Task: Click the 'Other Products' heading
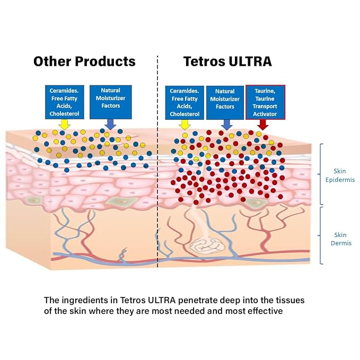click(84, 62)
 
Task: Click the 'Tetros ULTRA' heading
click(227, 62)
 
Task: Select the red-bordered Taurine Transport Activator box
click(266, 102)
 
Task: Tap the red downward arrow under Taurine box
click(263, 125)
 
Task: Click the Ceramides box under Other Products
click(65, 102)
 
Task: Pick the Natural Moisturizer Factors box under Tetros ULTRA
click(225, 103)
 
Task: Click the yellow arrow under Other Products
click(65, 125)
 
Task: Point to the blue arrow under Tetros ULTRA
click(226, 125)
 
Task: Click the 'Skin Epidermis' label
click(340, 175)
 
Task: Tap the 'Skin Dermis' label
click(341, 239)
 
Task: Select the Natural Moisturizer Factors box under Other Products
click(111, 102)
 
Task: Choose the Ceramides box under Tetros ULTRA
click(185, 103)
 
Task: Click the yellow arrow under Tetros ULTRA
click(185, 125)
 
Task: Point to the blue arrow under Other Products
click(110, 125)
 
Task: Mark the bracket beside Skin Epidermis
click(321, 174)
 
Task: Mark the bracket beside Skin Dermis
click(321, 235)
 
